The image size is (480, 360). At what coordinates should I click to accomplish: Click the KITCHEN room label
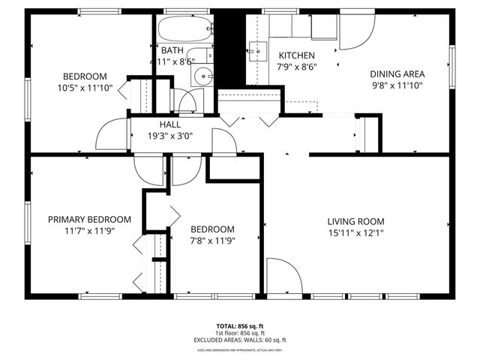[297, 55]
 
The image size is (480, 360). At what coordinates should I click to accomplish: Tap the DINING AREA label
[397, 74]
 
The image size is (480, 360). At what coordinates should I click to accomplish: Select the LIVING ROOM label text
[355, 221]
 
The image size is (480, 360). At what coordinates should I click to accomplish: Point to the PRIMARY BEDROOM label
[89, 220]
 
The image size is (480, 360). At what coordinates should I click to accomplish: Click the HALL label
[169, 124]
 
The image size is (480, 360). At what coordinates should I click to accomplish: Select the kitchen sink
[257, 51]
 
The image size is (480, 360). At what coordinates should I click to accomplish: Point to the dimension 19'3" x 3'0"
[169, 136]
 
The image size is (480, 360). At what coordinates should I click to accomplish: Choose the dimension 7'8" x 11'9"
[212, 241]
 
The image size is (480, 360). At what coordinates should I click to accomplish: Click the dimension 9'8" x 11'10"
[397, 85]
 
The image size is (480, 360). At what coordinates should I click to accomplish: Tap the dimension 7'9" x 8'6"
[297, 67]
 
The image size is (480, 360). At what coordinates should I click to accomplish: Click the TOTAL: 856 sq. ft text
[240, 326]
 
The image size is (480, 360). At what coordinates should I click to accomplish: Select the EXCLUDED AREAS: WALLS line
[240, 339]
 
